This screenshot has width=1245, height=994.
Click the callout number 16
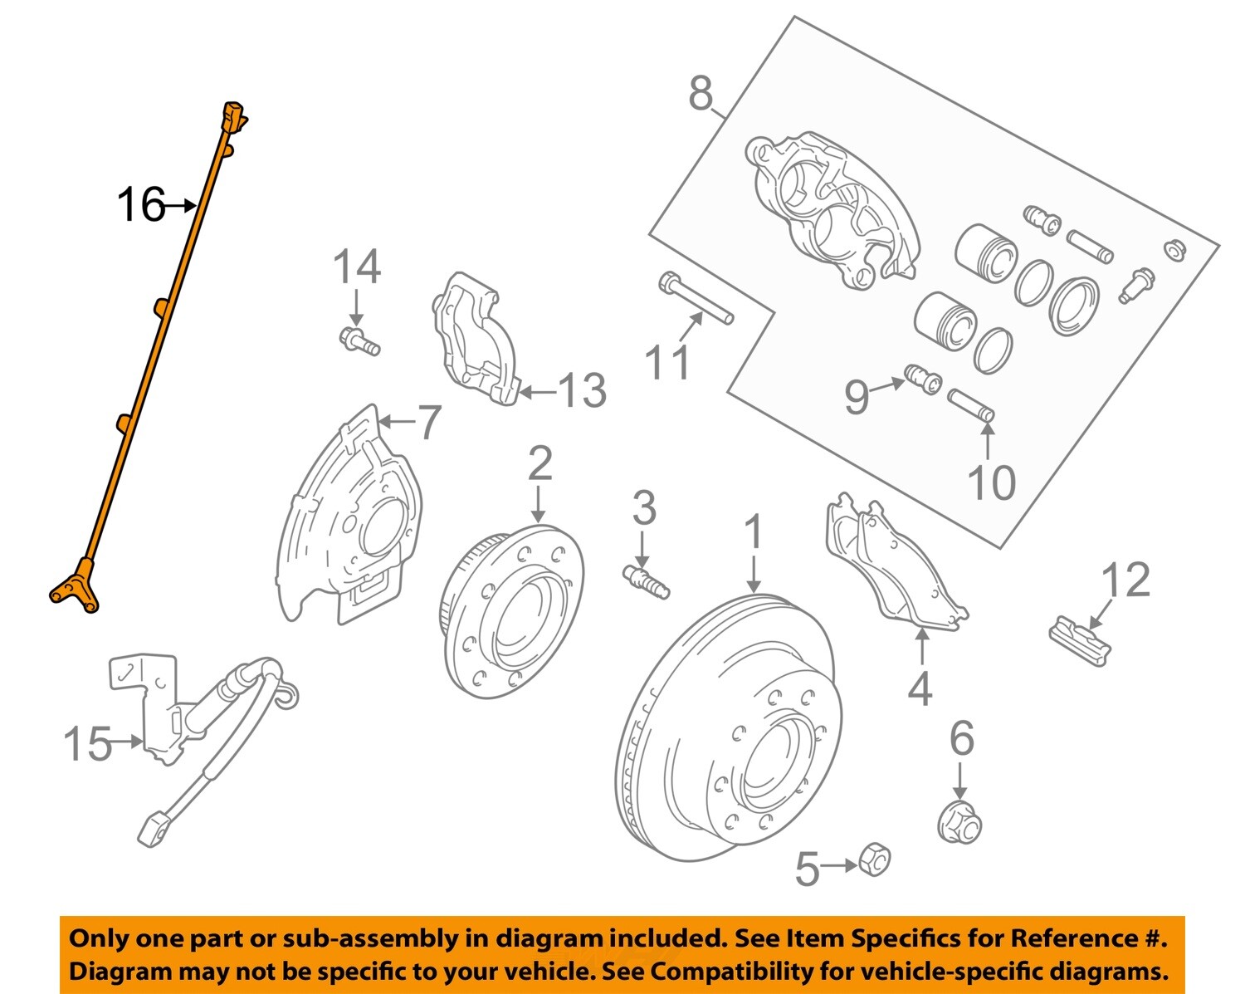coord(140,204)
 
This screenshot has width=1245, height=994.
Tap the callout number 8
coord(701,93)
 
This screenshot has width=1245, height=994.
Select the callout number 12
coord(1125,580)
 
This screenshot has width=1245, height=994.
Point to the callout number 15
coord(87,742)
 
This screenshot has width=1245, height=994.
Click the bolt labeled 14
coord(359,340)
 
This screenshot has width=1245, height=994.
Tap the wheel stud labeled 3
coord(646,580)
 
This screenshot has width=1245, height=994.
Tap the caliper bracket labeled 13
coord(473,340)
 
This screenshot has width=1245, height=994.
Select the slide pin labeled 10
coord(970,404)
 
